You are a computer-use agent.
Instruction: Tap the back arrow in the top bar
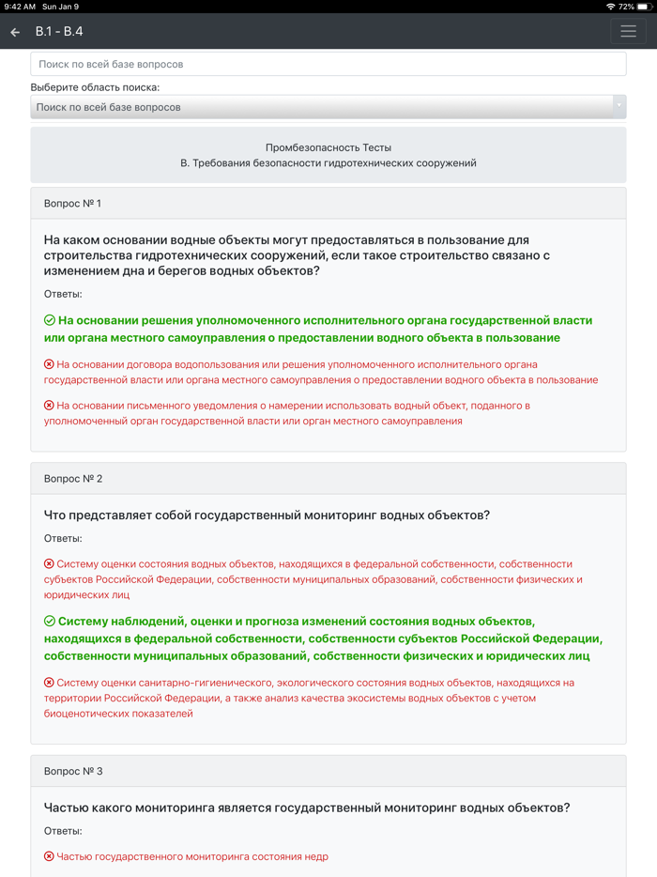(x=15, y=32)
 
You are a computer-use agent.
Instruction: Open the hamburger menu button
(x=628, y=31)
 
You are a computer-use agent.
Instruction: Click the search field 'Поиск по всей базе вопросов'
(x=328, y=64)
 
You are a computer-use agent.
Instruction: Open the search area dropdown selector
(x=328, y=107)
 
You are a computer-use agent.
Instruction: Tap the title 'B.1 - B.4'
(x=59, y=31)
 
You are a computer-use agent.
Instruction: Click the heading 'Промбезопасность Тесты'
(x=328, y=147)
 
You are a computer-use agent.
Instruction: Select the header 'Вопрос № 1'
(x=73, y=203)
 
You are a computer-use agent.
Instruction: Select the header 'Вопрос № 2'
(x=73, y=478)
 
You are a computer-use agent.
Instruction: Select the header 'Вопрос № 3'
(x=73, y=771)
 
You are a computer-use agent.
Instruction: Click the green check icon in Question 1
(x=50, y=320)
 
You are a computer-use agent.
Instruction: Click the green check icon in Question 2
(x=50, y=622)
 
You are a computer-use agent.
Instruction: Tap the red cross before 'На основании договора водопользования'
(x=50, y=364)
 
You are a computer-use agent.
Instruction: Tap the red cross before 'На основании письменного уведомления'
(x=50, y=406)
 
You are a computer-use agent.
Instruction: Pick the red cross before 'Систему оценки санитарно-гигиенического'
(x=50, y=683)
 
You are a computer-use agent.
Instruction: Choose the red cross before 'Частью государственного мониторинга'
(x=50, y=856)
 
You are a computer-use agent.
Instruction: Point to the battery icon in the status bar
(x=644, y=7)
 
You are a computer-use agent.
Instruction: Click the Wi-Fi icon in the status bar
(x=611, y=7)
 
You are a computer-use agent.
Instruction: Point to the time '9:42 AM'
(x=20, y=7)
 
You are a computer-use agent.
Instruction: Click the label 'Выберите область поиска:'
(x=95, y=87)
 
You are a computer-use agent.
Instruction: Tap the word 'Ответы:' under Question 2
(x=63, y=538)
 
